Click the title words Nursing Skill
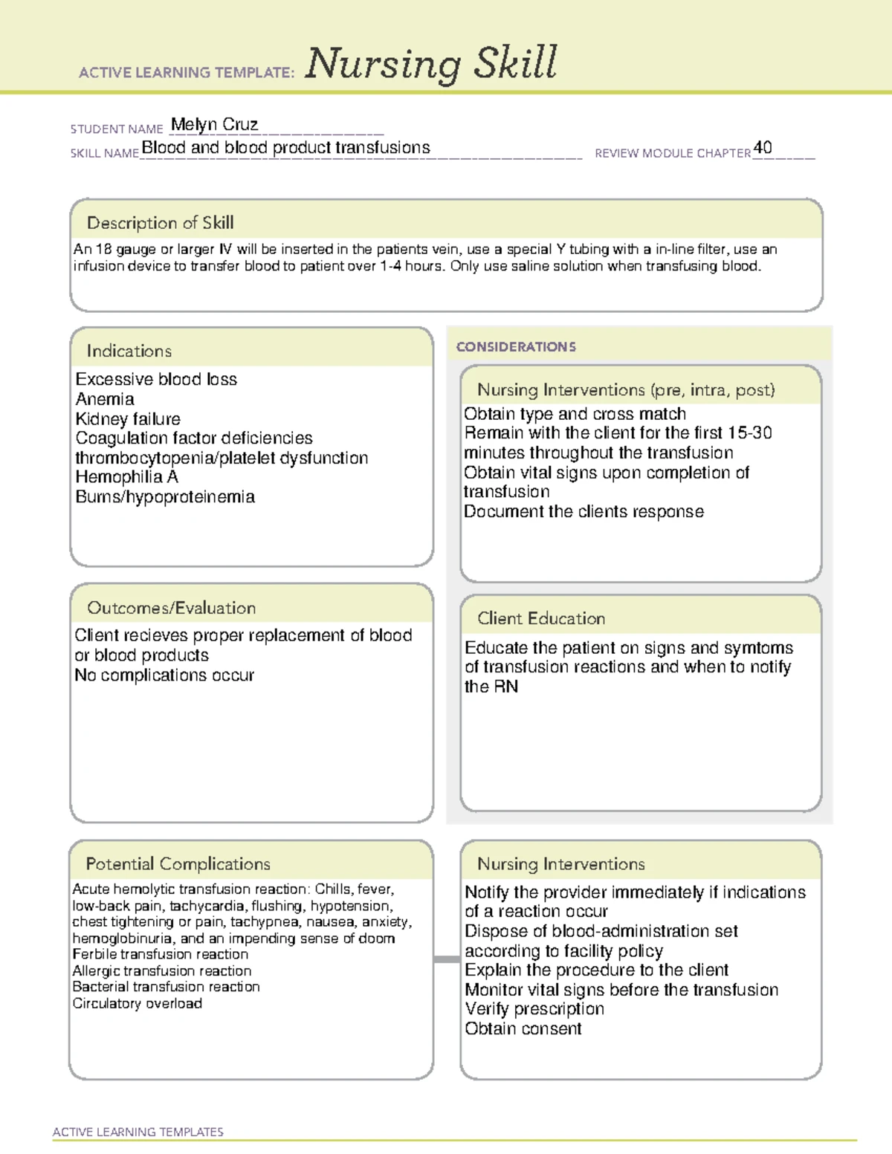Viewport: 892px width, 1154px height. coord(430,64)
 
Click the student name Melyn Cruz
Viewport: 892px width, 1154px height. coord(214,125)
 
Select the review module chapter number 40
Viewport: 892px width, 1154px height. coord(763,148)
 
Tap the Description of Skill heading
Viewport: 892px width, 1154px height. coord(160,223)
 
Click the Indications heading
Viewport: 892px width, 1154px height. coord(129,351)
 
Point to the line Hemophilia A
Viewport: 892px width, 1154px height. coord(126,477)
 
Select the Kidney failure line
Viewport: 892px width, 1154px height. coord(128,419)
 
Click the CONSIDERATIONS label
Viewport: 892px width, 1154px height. coord(516,347)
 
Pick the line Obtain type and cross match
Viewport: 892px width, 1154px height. coord(575,414)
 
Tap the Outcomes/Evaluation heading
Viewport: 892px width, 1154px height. coord(171,608)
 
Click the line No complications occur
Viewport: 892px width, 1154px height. coord(164,675)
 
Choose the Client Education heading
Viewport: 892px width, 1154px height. coord(540,618)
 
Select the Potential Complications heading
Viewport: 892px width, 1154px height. coord(178,864)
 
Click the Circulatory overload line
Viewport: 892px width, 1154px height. coord(138,1004)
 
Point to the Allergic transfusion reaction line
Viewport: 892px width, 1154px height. coord(162,971)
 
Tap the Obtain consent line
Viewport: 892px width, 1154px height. coord(523,1029)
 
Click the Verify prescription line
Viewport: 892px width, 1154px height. coord(534,1009)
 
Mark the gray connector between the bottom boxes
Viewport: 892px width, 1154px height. coord(447,959)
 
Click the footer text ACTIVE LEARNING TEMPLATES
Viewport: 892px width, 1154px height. coord(138,1132)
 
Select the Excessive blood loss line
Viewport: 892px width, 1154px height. coord(156,380)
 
